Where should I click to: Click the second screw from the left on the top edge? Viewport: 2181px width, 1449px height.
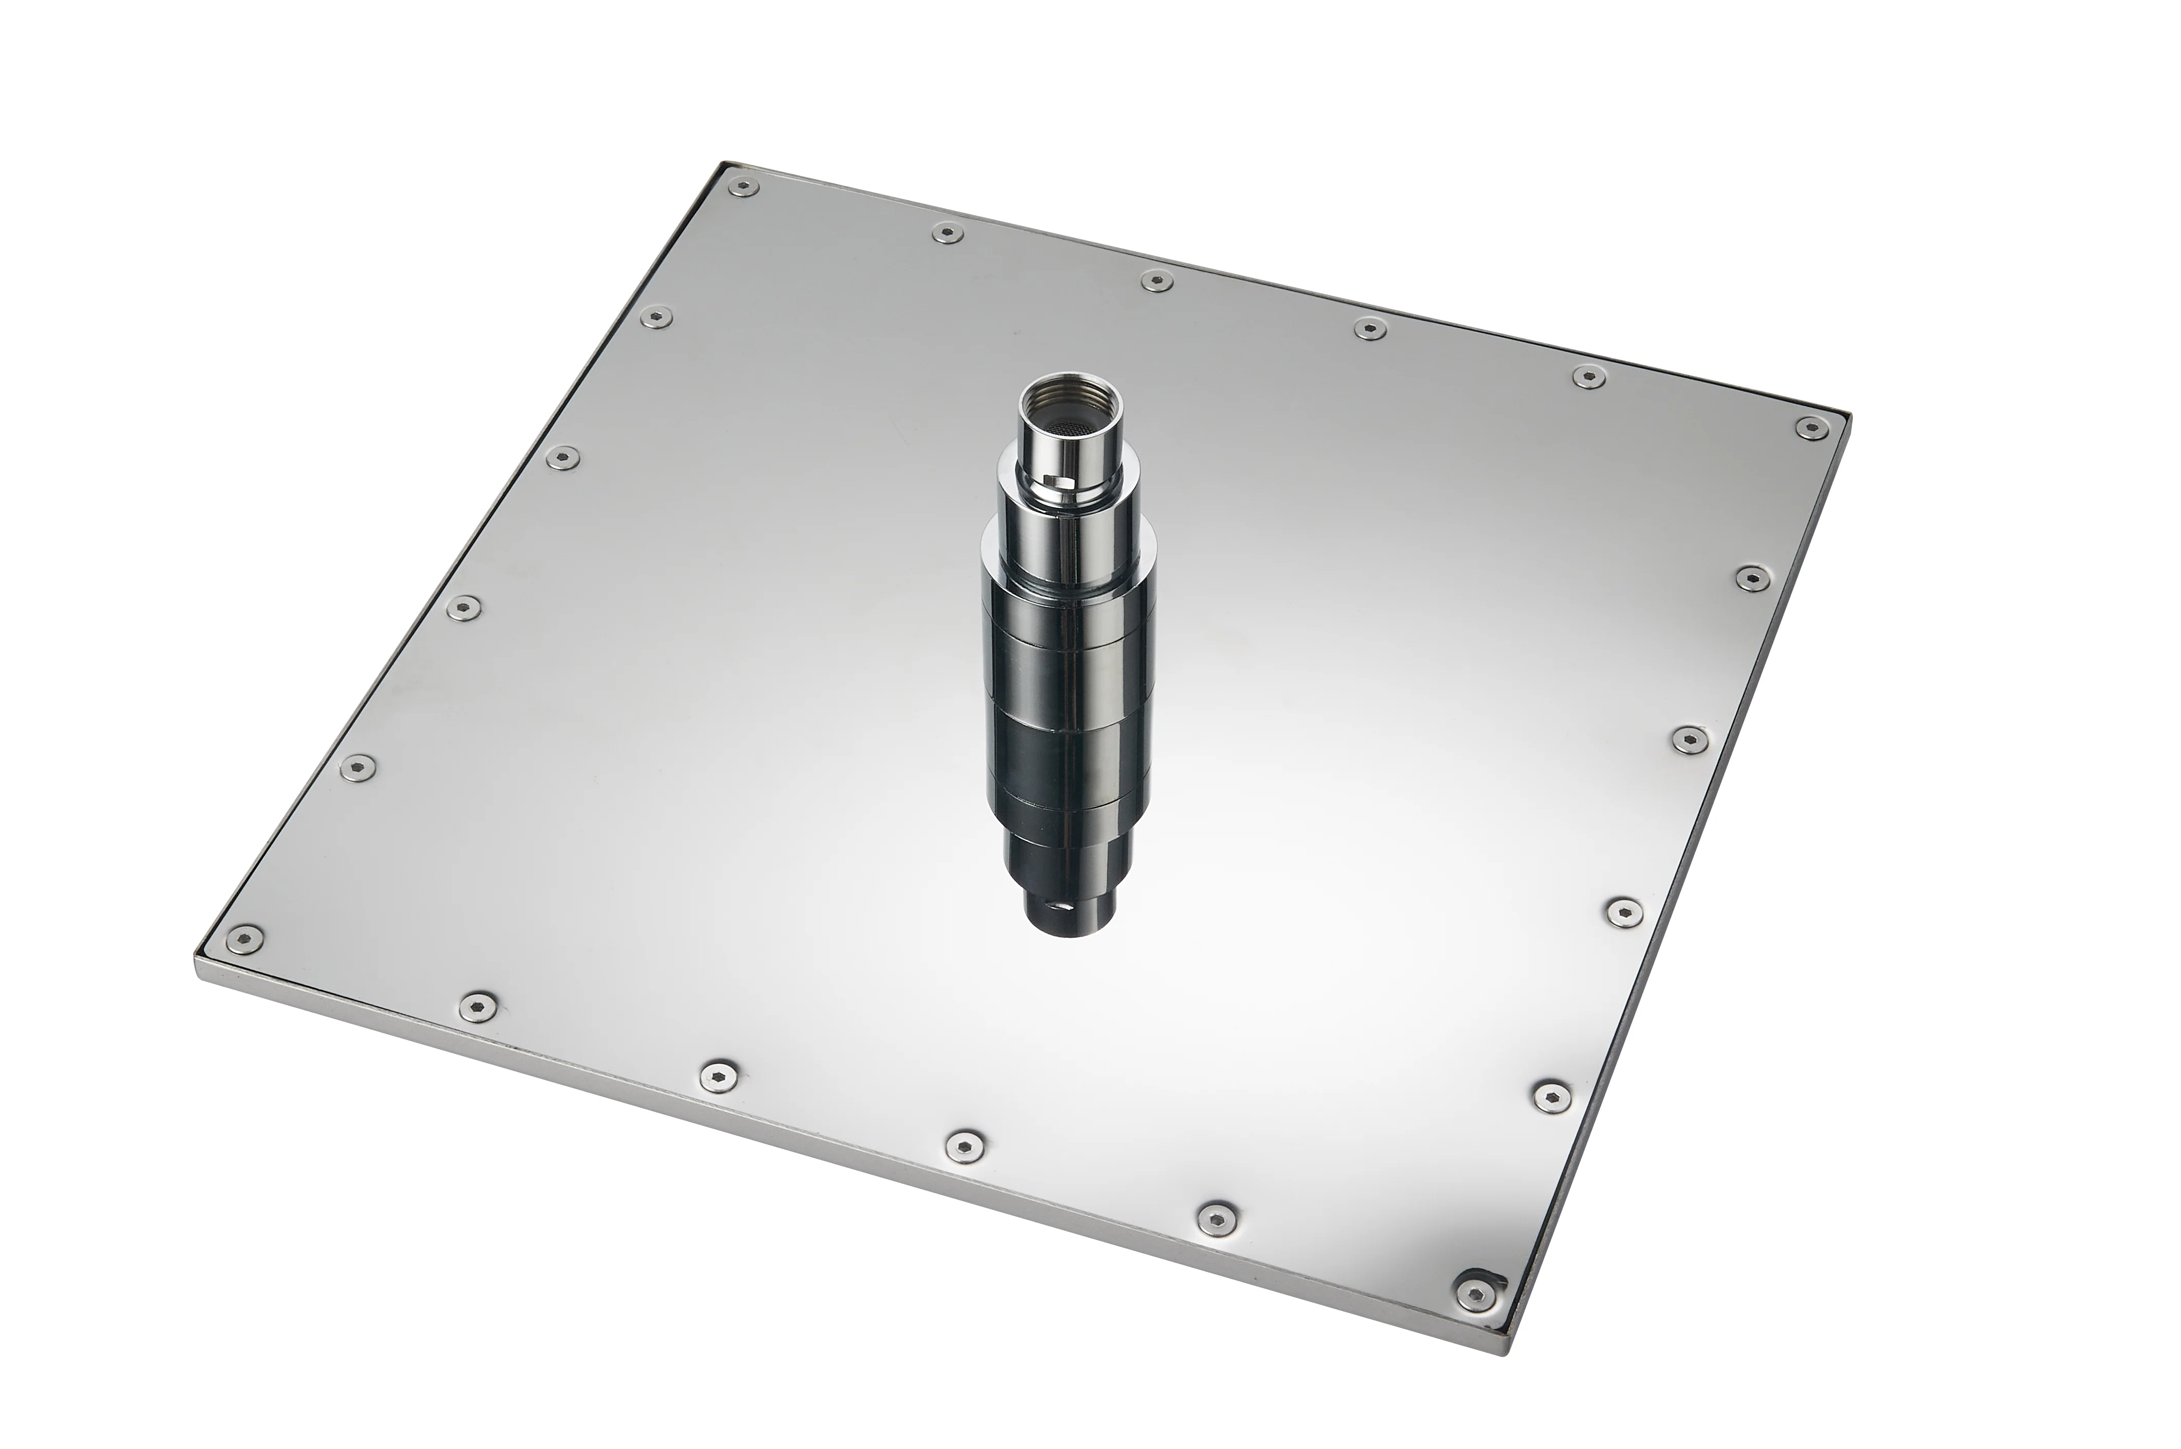click(x=946, y=232)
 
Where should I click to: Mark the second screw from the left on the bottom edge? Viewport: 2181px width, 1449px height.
click(x=477, y=1004)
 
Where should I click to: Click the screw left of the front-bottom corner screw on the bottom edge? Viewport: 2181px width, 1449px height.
click(x=1213, y=1217)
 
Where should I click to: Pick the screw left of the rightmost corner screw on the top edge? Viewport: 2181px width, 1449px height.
click(x=1588, y=376)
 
